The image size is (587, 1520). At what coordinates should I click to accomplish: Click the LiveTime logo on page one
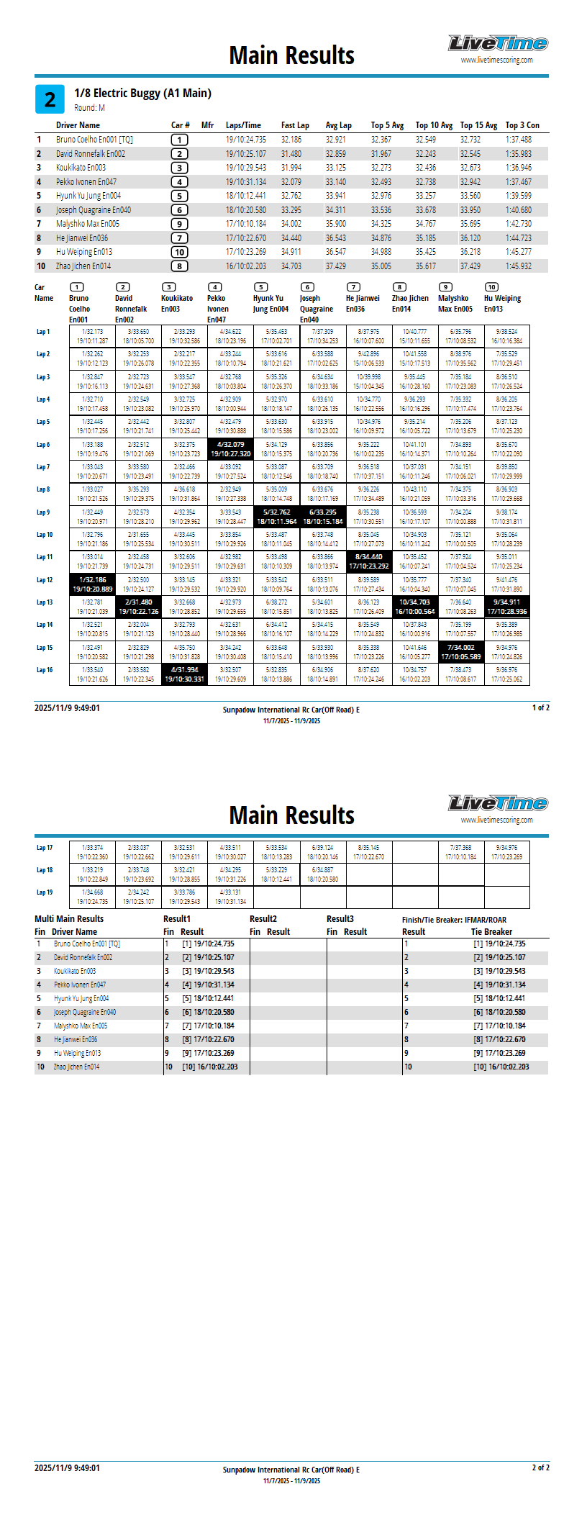498,44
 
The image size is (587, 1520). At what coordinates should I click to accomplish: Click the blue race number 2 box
50,99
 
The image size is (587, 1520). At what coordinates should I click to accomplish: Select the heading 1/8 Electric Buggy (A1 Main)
142,93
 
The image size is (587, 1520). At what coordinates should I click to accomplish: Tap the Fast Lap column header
295,125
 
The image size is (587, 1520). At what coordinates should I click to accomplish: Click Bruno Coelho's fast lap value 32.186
291,140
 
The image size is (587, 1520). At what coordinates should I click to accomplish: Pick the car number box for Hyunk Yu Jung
179,196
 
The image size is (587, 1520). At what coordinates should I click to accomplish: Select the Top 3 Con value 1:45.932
518,266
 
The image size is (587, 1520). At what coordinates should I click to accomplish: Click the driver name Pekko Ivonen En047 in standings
86,182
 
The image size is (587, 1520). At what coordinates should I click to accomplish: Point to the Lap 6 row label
43,445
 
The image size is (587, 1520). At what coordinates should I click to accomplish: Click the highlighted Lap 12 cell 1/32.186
93,584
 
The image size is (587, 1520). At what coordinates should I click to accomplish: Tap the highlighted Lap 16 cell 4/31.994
185,674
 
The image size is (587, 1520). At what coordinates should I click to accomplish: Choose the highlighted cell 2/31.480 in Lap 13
139,607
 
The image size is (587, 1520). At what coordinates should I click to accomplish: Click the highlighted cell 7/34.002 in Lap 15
461,652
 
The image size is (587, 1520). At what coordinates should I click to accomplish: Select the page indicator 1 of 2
540,708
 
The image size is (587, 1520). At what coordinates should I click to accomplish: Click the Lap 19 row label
45,892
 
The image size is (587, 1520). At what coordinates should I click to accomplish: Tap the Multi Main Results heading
69,919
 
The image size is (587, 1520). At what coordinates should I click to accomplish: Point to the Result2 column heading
263,919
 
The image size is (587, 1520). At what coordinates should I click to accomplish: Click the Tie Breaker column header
491,932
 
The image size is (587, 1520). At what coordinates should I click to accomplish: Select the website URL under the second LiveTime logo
496,820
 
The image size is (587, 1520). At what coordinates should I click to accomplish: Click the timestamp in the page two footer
67,1468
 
